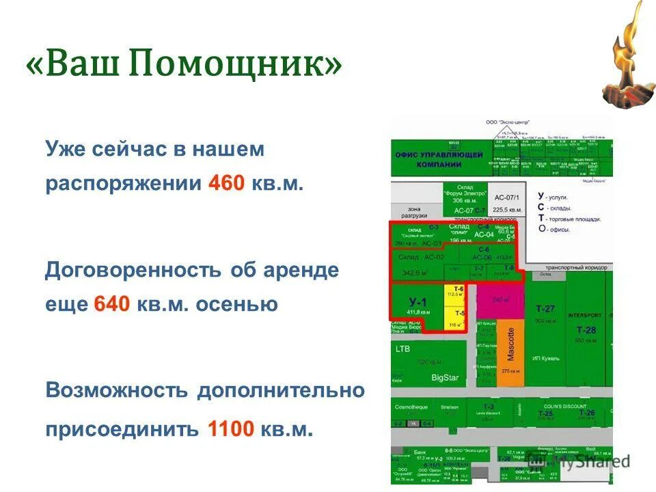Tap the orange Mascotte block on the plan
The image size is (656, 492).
pos(510,353)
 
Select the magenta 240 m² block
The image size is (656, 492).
pos(501,299)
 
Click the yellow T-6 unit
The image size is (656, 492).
pos(456,292)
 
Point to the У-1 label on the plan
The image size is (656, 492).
pos(417,301)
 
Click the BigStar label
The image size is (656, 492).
pos(444,377)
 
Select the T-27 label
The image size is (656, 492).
pos(545,308)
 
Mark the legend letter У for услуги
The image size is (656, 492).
pos(541,196)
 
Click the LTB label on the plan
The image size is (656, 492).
pos(402,348)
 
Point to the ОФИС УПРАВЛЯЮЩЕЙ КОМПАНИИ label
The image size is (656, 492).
pos(438,159)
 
